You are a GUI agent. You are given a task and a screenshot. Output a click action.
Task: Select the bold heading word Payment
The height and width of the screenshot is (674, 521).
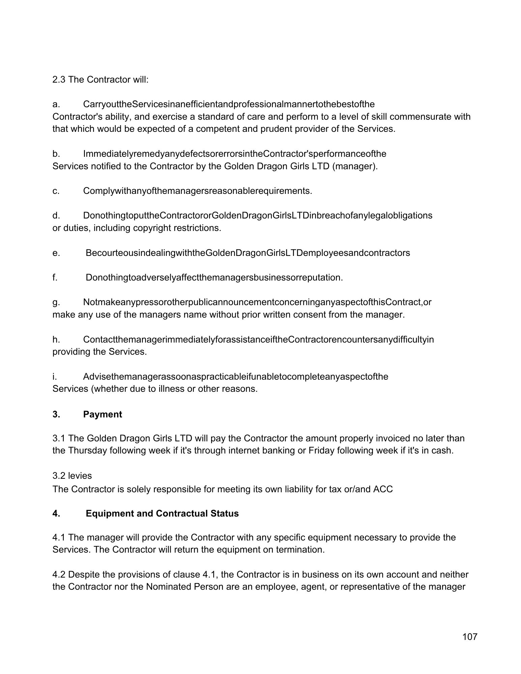pos(103,414)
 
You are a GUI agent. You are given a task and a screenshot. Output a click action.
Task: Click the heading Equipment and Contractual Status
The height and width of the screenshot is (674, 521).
pos(162,514)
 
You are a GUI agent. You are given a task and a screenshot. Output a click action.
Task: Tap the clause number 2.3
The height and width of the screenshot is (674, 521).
pos(59,80)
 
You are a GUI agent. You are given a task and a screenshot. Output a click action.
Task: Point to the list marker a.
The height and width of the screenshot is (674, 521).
pos(56,104)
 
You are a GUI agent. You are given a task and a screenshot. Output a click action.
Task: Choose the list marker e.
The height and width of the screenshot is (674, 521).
pos(56,253)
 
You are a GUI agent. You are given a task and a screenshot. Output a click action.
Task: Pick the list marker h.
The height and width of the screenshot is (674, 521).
pos(56,340)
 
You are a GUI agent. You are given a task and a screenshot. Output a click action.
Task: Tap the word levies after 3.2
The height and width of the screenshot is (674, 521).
pos(80,476)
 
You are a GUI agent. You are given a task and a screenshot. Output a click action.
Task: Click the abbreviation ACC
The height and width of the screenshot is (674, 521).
pos(383,489)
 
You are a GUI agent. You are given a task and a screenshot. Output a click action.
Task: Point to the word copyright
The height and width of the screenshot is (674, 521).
pos(152,228)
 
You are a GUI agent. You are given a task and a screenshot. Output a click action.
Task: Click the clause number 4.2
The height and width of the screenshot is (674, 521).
pos(59,574)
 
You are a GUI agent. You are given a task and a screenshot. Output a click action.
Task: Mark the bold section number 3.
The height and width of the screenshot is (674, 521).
pos(56,414)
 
